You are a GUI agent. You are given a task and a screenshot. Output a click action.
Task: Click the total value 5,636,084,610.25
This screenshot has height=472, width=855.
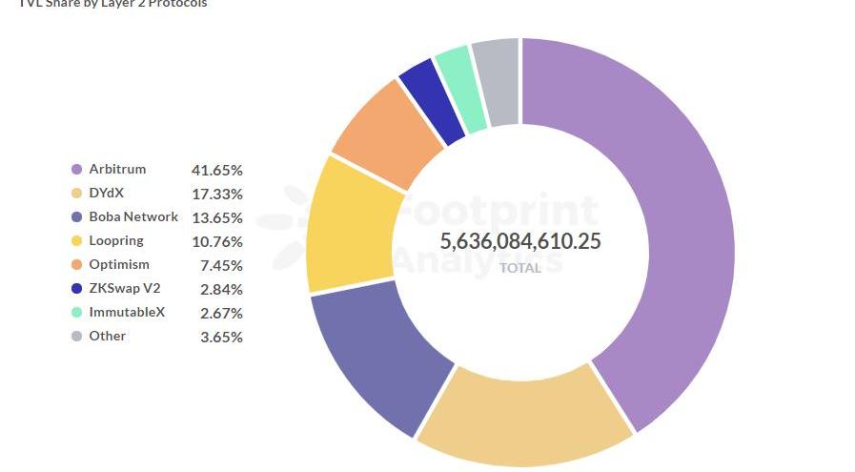(x=520, y=241)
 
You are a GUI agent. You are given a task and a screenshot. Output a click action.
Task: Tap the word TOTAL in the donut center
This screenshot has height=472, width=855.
(x=520, y=268)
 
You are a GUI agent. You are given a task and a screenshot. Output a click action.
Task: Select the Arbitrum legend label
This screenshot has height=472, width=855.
(x=117, y=169)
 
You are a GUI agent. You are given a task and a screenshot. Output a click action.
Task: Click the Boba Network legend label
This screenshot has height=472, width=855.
(x=133, y=216)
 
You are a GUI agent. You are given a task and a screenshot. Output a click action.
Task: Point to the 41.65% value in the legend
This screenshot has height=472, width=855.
(x=217, y=170)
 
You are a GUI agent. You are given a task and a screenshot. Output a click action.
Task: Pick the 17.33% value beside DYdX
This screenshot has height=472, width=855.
(x=217, y=194)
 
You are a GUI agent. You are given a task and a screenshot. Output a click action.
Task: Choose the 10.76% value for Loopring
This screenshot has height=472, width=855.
(x=217, y=241)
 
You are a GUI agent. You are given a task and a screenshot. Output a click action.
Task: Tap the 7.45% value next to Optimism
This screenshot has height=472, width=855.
(x=221, y=265)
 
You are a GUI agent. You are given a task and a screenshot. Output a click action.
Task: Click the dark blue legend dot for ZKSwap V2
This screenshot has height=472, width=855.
(x=76, y=289)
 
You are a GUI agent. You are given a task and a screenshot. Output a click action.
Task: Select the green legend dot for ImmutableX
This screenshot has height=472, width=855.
(x=76, y=313)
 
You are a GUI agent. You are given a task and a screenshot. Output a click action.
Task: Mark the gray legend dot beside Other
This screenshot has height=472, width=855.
(x=76, y=337)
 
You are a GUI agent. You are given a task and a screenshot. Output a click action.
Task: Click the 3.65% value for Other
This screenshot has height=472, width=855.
(x=221, y=337)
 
